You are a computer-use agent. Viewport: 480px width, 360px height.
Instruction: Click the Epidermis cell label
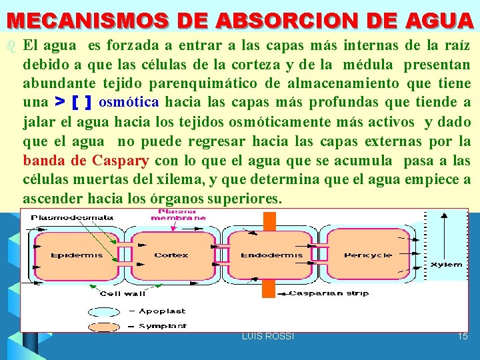click(x=67, y=255)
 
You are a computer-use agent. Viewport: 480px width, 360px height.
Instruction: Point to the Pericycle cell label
click(x=368, y=255)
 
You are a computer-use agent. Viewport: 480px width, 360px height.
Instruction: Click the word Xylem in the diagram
click(x=447, y=265)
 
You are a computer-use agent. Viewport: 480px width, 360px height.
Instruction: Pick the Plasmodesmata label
click(x=72, y=217)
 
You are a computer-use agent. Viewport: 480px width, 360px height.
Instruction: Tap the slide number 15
click(x=463, y=336)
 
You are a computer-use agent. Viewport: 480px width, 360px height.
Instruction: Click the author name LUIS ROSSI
click(x=267, y=336)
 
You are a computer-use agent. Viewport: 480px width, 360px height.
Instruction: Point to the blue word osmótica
click(x=128, y=103)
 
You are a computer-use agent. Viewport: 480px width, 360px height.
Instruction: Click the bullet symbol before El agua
click(x=9, y=47)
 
